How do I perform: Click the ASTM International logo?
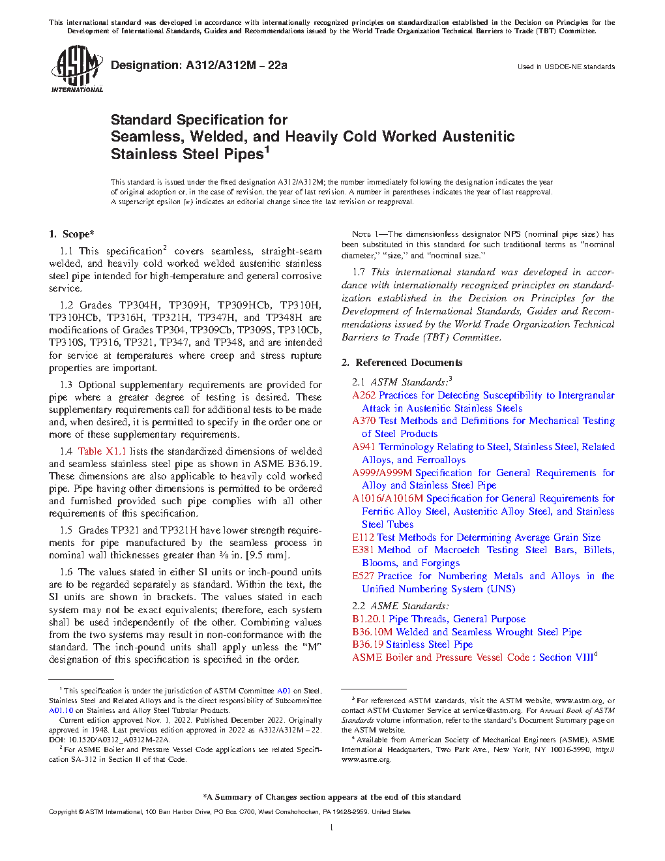point(76,68)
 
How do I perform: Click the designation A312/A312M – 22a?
point(199,65)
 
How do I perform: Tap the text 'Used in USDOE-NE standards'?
point(566,67)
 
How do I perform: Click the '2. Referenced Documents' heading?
point(402,363)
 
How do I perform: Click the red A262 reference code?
point(364,395)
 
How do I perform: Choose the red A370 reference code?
point(364,421)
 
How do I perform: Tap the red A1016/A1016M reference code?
point(387,498)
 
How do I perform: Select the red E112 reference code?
point(363,537)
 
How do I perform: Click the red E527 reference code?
point(363,576)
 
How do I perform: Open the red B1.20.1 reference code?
point(369,619)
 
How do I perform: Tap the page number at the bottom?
point(332,828)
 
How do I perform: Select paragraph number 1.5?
point(66,530)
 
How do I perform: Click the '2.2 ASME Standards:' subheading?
point(400,606)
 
